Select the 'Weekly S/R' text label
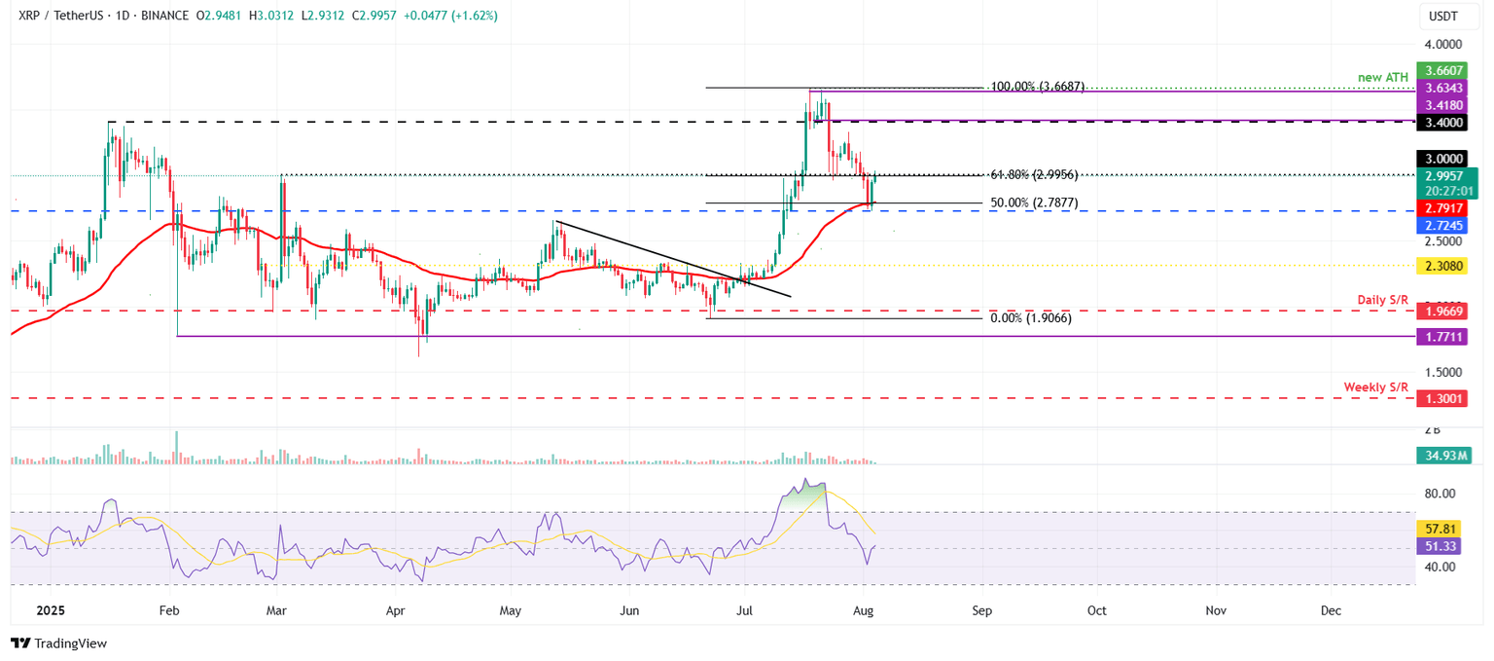[x=1375, y=386]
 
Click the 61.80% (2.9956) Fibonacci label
[x=1033, y=175]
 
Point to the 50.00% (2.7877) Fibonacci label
[x=1033, y=202]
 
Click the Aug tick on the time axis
[x=865, y=609]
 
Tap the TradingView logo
[x=58, y=643]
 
